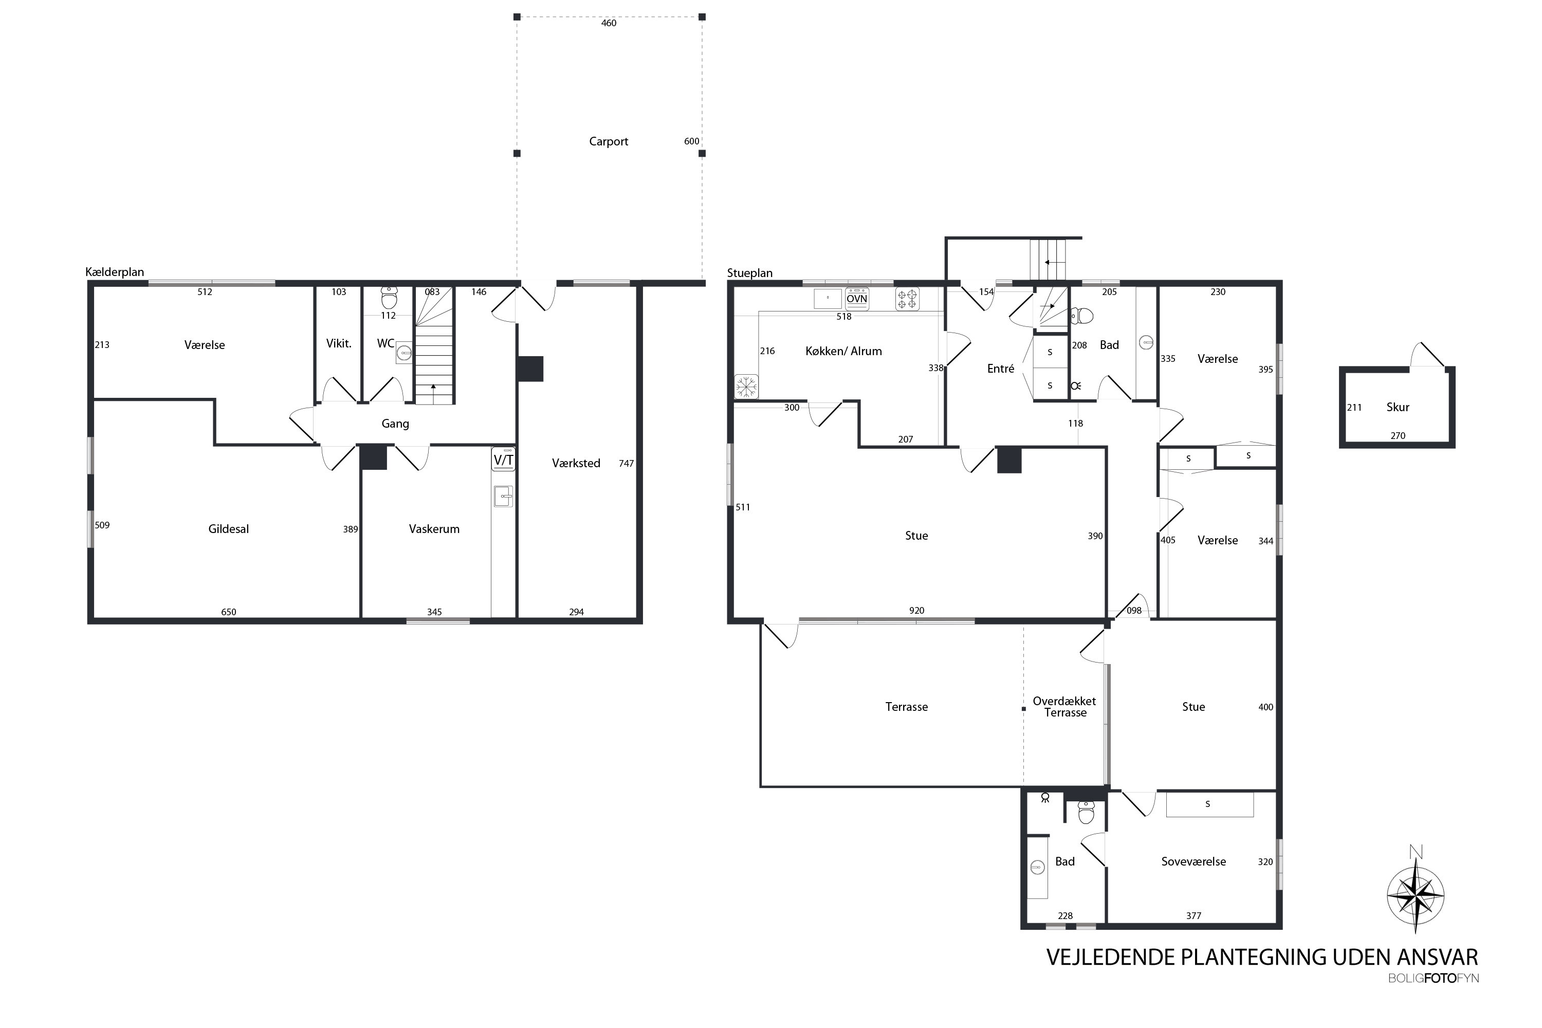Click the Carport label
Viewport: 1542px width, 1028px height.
(609, 142)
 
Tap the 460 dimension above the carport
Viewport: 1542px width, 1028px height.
(609, 23)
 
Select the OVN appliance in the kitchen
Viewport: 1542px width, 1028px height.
(857, 299)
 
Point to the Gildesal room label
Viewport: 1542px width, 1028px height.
(228, 529)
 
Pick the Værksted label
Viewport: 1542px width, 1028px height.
(576, 464)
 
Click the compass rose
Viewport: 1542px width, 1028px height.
(1416, 895)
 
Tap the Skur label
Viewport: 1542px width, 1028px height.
(1398, 407)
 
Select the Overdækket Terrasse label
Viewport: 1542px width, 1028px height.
(1064, 707)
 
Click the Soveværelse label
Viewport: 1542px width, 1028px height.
(1193, 861)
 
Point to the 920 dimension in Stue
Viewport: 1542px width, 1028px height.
(916, 611)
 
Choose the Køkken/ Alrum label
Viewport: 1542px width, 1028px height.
(843, 352)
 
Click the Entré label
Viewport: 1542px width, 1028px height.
(1000, 369)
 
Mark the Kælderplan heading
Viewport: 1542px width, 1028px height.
(115, 272)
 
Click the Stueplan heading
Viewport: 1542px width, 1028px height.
(749, 273)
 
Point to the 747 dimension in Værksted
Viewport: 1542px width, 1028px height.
(626, 464)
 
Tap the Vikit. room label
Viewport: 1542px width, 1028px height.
(339, 343)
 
